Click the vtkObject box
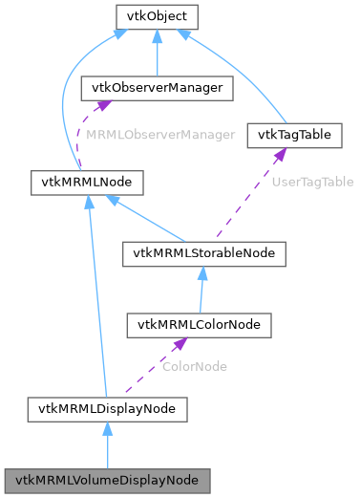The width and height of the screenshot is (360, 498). [x=156, y=16]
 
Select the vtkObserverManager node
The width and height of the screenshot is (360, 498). [x=157, y=88]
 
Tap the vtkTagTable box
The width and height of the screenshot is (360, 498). [x=294, y=135]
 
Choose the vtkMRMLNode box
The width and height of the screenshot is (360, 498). [x=87, y=180]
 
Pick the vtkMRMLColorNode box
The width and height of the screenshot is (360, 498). [x=199, y=325]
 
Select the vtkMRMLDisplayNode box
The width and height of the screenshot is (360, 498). [x=107, y=409]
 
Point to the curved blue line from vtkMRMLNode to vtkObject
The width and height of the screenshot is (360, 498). [x=65, y=105]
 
